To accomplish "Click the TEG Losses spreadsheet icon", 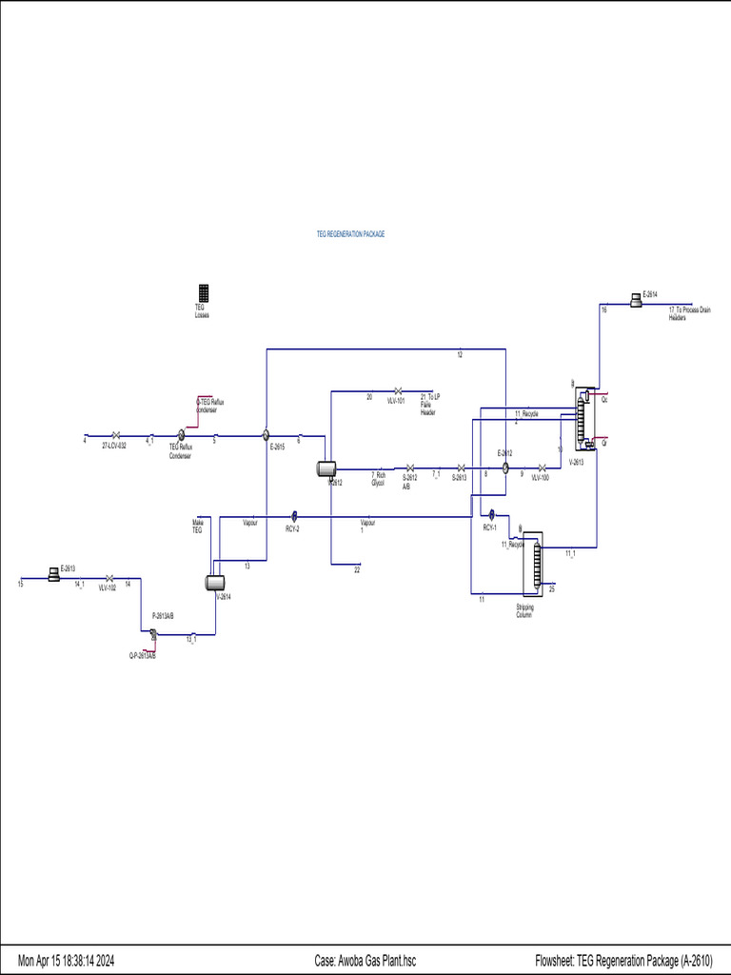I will coord(204,293).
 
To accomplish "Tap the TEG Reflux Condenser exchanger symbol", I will coord(181,434).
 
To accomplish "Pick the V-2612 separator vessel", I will coord(327,468).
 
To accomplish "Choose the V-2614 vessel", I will coord(215,582).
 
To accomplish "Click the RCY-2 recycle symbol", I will coord(295,516).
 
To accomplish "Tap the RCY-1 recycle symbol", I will coord(492,516).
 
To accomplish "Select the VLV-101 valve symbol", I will coord(397,390).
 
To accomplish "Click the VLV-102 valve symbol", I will coord(109,578).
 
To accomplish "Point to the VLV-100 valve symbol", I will coord(541,468).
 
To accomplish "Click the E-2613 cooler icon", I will coord(53,572).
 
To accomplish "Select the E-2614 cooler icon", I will coord(635,301).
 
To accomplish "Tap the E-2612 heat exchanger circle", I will coord(505,468).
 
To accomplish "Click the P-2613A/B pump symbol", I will coord(153,636).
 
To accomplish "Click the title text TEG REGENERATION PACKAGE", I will coord(350,233).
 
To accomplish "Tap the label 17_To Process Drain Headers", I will coord(689,313).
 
